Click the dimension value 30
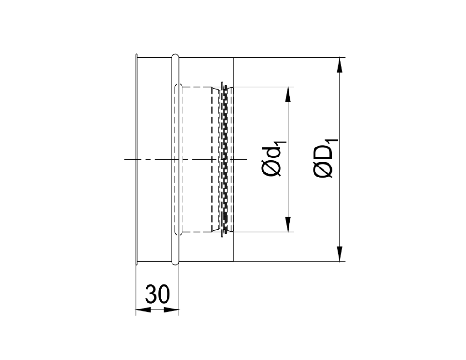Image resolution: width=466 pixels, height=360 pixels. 157,295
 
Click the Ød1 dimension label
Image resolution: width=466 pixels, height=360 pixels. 273,159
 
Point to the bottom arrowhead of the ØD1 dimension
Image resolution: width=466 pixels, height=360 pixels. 339,254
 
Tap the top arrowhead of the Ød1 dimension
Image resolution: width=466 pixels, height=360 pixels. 288,94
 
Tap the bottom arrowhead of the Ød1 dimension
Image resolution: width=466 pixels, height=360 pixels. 288,224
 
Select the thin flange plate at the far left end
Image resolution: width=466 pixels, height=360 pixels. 136,159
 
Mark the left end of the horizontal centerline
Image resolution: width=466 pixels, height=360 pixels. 125,159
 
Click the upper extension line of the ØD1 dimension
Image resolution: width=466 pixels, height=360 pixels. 291,58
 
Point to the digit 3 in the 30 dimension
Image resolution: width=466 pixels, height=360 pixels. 152,295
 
